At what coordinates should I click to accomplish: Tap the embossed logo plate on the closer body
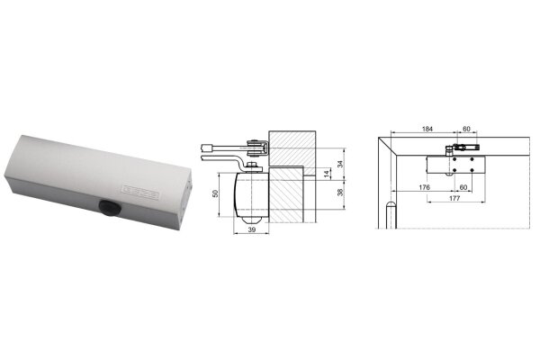(x=141, y=193)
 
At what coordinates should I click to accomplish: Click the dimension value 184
(x=427, y=129)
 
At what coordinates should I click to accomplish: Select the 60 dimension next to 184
(x=466, y=129)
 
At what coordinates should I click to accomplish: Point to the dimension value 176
(x=424, y=187)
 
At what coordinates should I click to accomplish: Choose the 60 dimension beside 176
(x=463, y=187)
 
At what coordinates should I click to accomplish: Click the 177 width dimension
(x=454, y=198)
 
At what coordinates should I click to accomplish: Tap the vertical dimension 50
(x=216, y=193)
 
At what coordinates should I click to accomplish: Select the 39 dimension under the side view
(x=252, y=229)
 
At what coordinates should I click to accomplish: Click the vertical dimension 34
(x=340, y=164)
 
